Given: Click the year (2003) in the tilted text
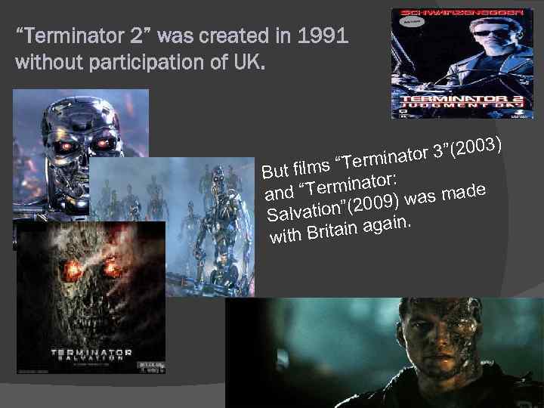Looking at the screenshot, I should tap(477, 144).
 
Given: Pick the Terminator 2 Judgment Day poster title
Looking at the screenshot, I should tap(460, 104).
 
